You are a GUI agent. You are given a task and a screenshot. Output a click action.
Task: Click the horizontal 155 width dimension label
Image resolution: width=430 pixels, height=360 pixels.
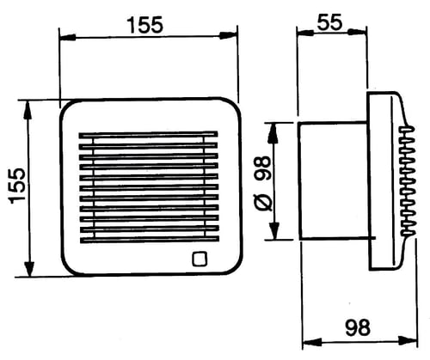[146, 25]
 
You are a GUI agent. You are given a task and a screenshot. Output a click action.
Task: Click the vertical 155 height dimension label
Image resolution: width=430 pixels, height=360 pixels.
[17, 186]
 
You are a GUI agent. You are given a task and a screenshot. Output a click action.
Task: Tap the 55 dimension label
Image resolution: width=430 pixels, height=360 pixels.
[329, 21]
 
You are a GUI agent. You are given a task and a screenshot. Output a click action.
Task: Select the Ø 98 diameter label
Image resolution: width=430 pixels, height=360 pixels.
[262, 183]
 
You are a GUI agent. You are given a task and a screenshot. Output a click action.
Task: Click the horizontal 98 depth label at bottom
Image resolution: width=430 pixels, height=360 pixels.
[358, 327]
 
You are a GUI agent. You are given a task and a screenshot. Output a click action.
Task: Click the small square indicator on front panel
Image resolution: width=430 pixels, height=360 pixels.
[200, 259]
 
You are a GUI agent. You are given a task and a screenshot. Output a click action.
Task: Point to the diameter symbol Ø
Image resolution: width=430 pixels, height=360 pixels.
[262, 202]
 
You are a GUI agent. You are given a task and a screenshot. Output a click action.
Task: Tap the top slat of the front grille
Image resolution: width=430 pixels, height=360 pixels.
[148, 135]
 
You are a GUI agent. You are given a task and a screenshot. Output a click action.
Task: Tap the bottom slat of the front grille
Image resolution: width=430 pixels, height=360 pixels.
[150, 240]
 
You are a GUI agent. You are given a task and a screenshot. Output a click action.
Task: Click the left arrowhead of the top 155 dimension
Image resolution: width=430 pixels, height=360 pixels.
[68, 37]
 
